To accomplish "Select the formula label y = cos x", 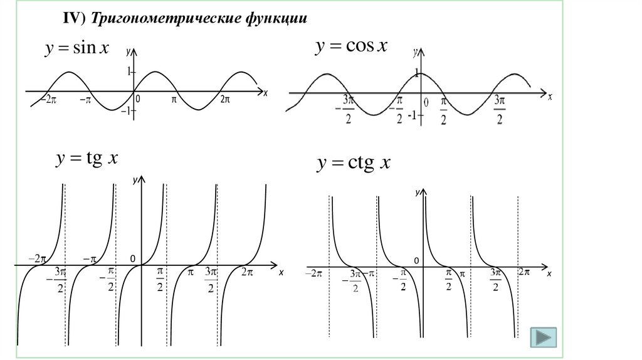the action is tap(351, 46).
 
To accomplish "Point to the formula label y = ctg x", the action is tap(354, 164).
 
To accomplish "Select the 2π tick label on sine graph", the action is tap(225, 99).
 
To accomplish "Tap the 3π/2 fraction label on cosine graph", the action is tap(499, 109).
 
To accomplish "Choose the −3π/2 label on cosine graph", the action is tap(346, 109).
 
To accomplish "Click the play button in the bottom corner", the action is tap(543, 337).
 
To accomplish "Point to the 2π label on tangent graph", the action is tap(247, 272).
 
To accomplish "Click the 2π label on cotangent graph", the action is tap(524, 272).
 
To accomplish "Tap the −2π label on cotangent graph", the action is tap(313, 273).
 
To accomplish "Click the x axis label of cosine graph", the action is tap(550, 97).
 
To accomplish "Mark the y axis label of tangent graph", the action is tap(135, 180).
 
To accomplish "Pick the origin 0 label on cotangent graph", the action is tap(415, 260).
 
